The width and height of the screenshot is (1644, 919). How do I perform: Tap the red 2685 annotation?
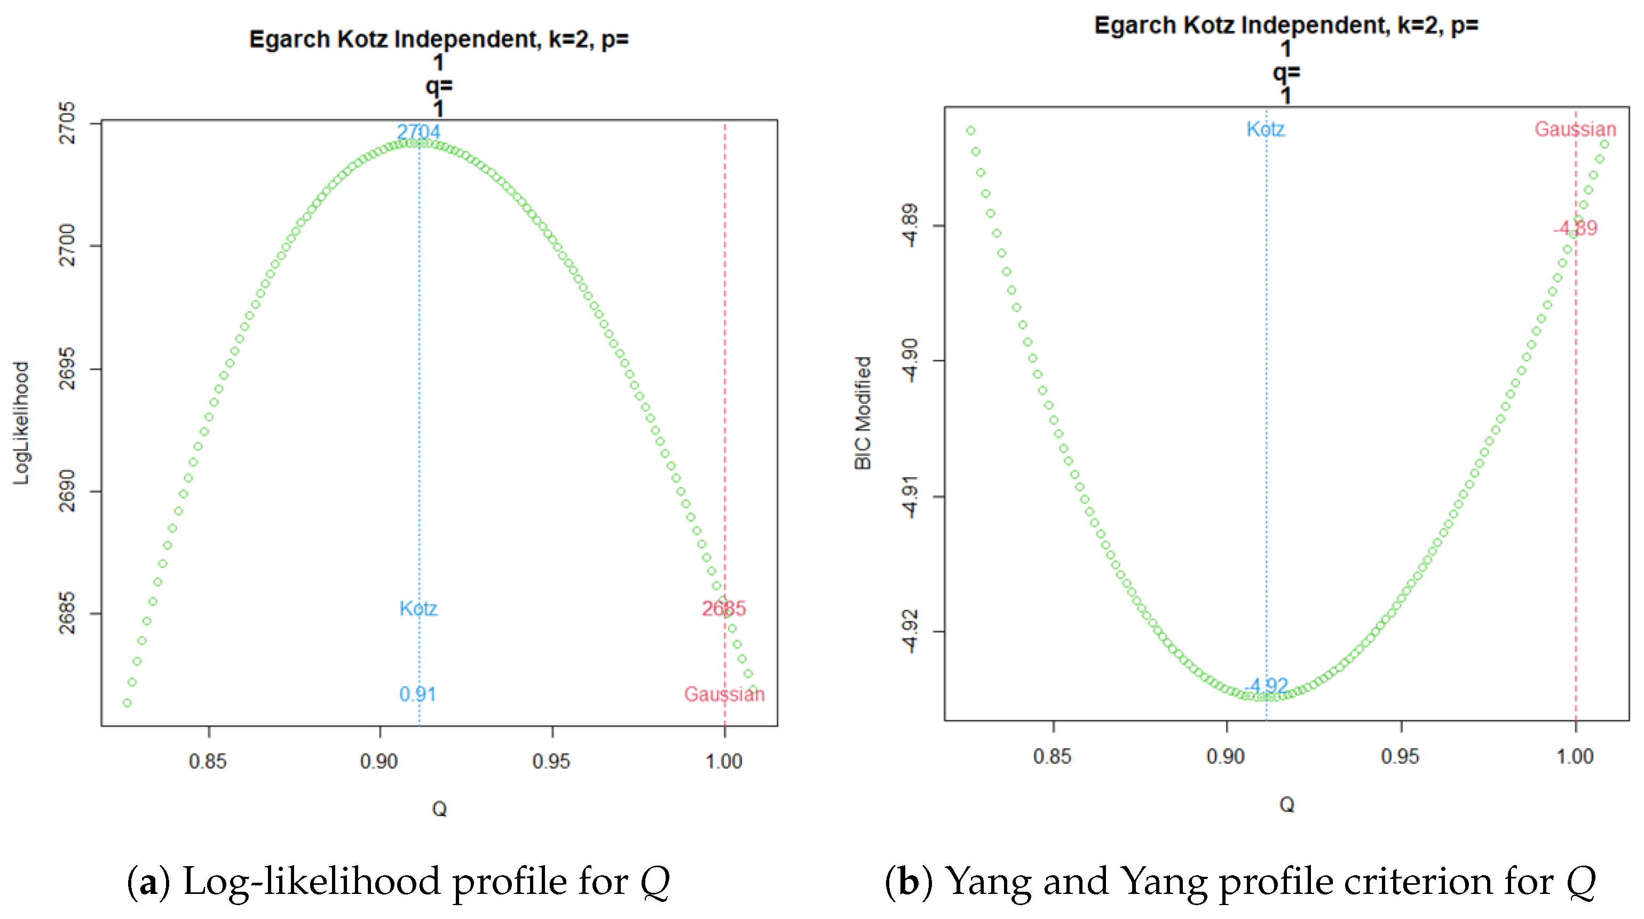[x=724, y=608]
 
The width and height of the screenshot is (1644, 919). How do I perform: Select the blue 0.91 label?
[x=418, y=694]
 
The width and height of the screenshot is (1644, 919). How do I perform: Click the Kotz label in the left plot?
[x=418, y=608]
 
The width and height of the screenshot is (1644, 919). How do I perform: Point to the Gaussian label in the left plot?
[x=724, y=694]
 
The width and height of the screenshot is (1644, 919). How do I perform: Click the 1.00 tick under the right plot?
[x=1575, y=756]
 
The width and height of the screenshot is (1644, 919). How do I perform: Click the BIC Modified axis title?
[x=863, y=413]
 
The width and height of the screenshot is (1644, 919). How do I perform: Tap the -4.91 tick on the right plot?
[x=910, y=496]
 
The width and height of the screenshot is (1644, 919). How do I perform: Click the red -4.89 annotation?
[x=1575, y=228]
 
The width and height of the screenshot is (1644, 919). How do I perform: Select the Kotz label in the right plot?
[x=1266, y=129]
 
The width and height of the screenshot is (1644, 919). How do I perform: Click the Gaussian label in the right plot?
[x=1575, y=129]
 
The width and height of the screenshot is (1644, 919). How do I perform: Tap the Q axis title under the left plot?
[x=439, y=809]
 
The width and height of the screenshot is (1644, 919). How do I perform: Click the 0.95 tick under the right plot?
[x=1400, y=756]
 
